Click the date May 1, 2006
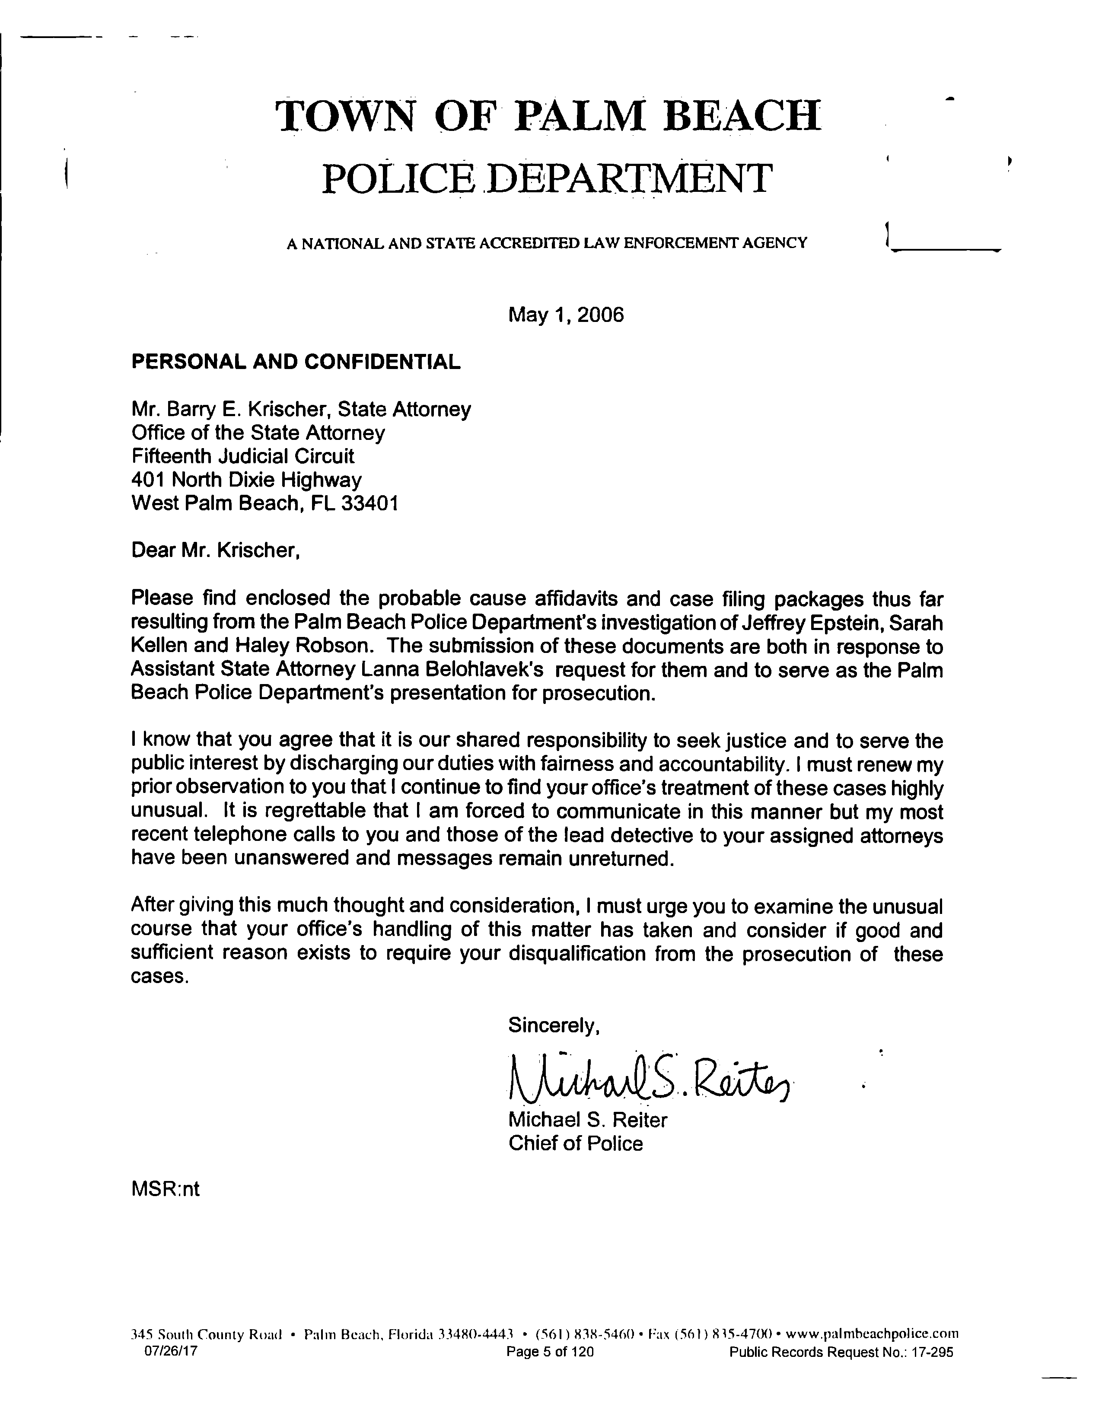[x=565, y=315]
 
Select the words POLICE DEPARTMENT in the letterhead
[x=547, y=178]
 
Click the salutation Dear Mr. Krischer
[x=216, y=551]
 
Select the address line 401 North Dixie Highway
[x=246, y=480]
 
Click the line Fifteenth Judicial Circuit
[x=243, y=456]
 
